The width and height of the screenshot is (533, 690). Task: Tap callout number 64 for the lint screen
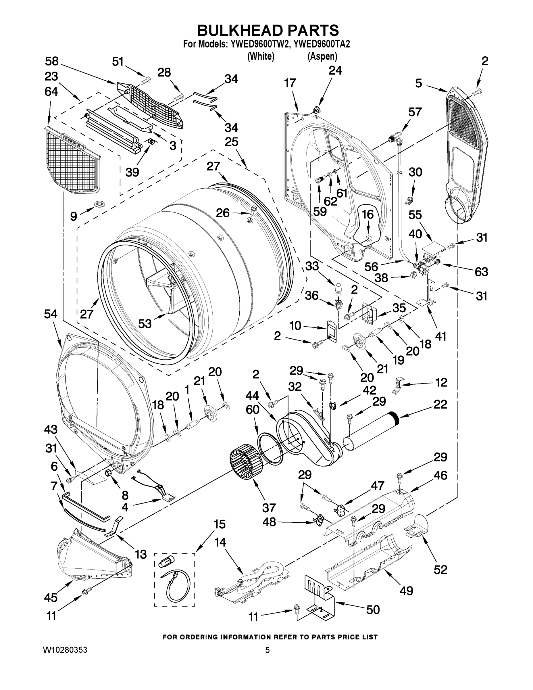point(51,92)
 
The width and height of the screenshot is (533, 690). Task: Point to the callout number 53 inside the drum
point(145,323)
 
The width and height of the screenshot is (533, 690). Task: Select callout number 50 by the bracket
point(373,609)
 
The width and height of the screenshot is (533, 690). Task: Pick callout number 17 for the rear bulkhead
point(290,83)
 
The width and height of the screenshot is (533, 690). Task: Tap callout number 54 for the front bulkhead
point(51,314)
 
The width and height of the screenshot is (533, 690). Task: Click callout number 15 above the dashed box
point(219,524)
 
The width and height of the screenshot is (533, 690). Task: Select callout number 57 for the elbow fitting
point(415,112)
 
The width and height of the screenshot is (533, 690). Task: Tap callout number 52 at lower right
point(440,570)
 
